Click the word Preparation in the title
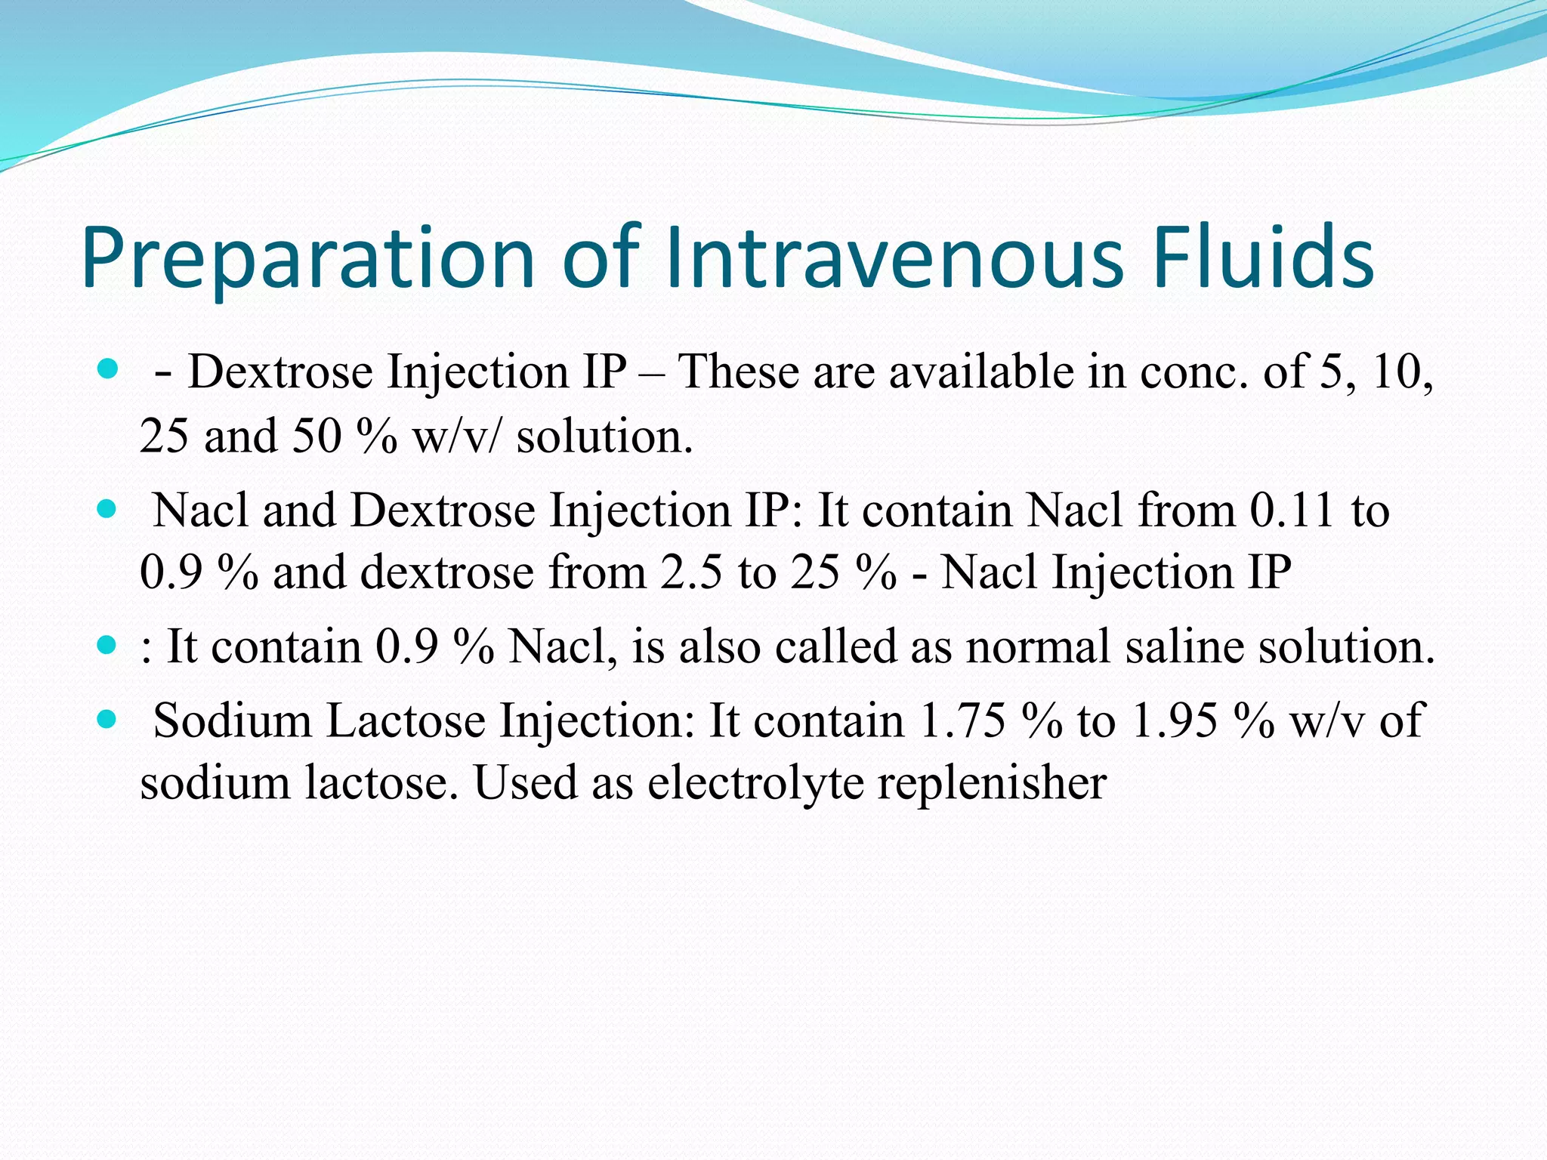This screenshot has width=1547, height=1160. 307,258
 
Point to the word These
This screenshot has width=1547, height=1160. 738,372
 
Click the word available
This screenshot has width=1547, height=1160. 981,372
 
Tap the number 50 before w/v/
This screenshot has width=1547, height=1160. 317,437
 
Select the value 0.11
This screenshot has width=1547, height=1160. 1292,510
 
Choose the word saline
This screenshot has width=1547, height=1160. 1184,647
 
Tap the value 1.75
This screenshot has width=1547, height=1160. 962,720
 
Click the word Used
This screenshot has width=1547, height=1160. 525,783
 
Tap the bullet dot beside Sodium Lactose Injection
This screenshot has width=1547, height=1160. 108,720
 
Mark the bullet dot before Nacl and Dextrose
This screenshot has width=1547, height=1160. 108,510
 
